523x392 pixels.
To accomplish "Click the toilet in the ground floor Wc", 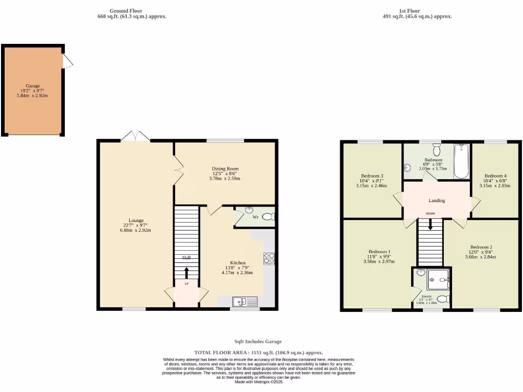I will (268, 217).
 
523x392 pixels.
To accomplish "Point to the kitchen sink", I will (246, 302).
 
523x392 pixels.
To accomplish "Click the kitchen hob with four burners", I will (269, 259).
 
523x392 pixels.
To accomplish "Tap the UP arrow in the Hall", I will (186, 273).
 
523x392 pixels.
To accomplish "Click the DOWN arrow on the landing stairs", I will (431, 225).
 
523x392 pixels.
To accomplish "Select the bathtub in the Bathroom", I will (461, 161).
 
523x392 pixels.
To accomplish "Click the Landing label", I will (437, 201).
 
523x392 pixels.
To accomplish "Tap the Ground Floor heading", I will (126, 11).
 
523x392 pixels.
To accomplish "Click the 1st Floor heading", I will (410, 11).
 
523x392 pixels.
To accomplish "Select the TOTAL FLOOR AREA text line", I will (258, 353).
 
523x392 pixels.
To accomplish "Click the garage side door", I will (67, 61).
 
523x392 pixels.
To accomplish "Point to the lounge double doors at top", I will (135, 136).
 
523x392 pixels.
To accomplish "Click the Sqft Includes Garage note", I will (258, 341).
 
